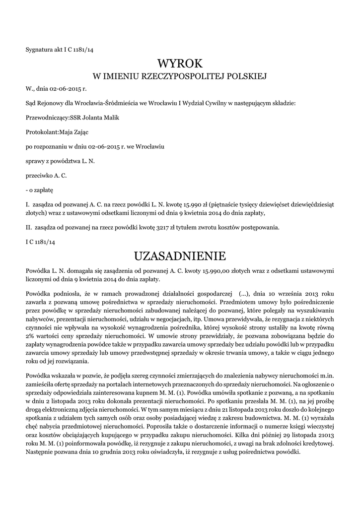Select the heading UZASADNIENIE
point(180,256)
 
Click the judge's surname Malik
point(110,118)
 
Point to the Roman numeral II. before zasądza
point(28,228)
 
